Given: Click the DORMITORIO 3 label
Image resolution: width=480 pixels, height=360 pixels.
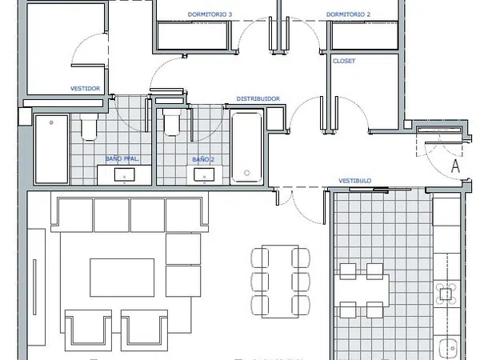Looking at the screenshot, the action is tap(210, 14).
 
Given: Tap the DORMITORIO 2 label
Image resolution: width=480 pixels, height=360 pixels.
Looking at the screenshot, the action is tap(348, 14).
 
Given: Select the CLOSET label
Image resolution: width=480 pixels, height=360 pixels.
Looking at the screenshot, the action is tap(344, 61).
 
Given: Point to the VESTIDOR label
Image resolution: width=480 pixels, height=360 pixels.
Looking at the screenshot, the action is tap(85, 89).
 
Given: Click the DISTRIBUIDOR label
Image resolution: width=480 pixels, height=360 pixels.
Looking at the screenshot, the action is tap(258, 98).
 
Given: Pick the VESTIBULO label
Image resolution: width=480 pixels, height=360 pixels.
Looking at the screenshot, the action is tap(354, 181).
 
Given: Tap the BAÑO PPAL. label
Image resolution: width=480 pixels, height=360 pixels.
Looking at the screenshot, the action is tap(122, 158).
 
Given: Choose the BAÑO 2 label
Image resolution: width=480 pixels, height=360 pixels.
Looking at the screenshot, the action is tap(203, 159).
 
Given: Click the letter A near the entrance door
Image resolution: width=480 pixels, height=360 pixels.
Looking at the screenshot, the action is tap(456, 166).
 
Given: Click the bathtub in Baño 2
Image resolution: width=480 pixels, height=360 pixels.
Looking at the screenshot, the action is tap(246, 147).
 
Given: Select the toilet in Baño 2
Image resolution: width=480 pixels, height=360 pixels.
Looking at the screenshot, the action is tap(172, 122).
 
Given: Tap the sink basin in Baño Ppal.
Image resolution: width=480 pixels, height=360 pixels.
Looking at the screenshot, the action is tap(124, 174).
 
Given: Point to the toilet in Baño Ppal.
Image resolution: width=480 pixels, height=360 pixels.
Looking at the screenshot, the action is tap(89, 126).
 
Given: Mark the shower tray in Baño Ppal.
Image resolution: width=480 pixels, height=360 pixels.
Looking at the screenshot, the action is tap(51, 150).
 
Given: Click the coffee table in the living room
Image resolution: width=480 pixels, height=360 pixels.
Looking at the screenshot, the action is tap(122, 278).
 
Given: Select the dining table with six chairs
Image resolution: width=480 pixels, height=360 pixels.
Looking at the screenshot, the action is tap(280, 282).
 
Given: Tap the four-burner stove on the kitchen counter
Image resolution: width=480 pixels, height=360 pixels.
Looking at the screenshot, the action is tap(446, 294).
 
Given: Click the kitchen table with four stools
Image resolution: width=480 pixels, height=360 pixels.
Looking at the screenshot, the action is tap(362, 290).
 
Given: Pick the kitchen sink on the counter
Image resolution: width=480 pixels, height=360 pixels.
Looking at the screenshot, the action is tap(448, 348).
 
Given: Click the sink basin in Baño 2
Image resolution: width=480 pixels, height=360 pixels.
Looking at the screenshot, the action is tap(204, 174).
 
